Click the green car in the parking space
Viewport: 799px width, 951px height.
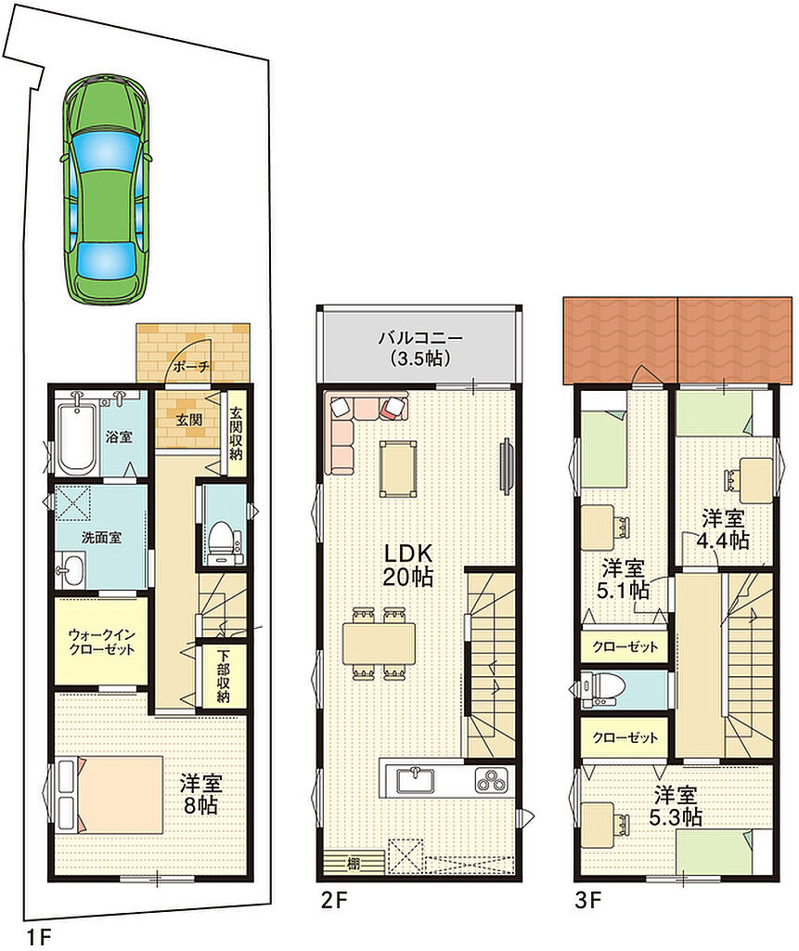pos(106,189)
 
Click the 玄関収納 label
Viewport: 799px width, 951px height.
pos(236,433)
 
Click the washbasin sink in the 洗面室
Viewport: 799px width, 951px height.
pos(71,569)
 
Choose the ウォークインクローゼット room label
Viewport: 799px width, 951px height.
pos(101,642)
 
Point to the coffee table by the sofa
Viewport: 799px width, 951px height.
pos(398,469)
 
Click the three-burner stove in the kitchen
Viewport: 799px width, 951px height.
pos(493,780)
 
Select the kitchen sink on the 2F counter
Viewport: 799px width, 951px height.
pos(417,780)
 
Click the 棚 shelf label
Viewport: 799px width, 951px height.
pos(353,863)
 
